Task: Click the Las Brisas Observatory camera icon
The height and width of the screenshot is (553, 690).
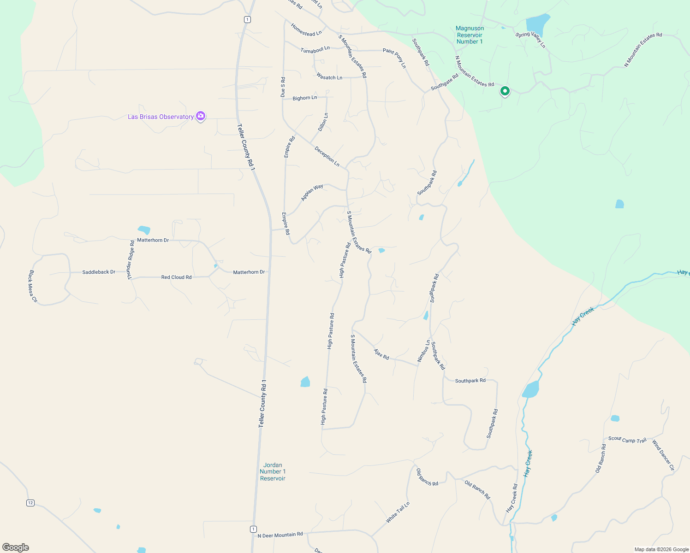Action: [x=201, y=116]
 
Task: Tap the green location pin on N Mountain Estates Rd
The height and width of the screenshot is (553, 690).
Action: [x=505, y=91]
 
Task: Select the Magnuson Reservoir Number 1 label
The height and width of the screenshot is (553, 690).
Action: [x=470, y=35]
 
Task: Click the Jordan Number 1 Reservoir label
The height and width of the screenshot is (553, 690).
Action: [x=273, y=471]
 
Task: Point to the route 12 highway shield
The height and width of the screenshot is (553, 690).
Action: [x=30, y=503]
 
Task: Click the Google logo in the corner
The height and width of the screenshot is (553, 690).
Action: [x=16, y=547]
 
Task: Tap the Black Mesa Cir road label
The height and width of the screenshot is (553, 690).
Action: [x=33, y=286]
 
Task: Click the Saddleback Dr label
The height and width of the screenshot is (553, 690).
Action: [x=99, y=272]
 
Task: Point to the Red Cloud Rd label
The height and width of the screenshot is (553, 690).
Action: [x=176, y=277]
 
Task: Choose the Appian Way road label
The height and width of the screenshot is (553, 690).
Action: [x=312, y=192]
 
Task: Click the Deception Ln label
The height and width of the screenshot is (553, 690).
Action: [x=327, y=157]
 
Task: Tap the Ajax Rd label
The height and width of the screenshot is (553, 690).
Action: [x=381, y=354]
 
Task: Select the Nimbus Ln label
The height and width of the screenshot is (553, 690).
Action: [x=423, y=351]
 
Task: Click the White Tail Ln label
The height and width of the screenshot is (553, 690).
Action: [x=398, y=512]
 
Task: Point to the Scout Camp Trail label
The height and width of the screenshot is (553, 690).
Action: [x=627, y=440]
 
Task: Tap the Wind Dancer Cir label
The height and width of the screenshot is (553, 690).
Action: [x=663, y=455]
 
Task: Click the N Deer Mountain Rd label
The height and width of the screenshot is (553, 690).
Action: [x=280, y=535]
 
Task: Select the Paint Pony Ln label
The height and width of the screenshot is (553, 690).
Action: [x=395, y=58]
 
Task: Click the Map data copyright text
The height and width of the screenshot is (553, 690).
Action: [x=661, y=549]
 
